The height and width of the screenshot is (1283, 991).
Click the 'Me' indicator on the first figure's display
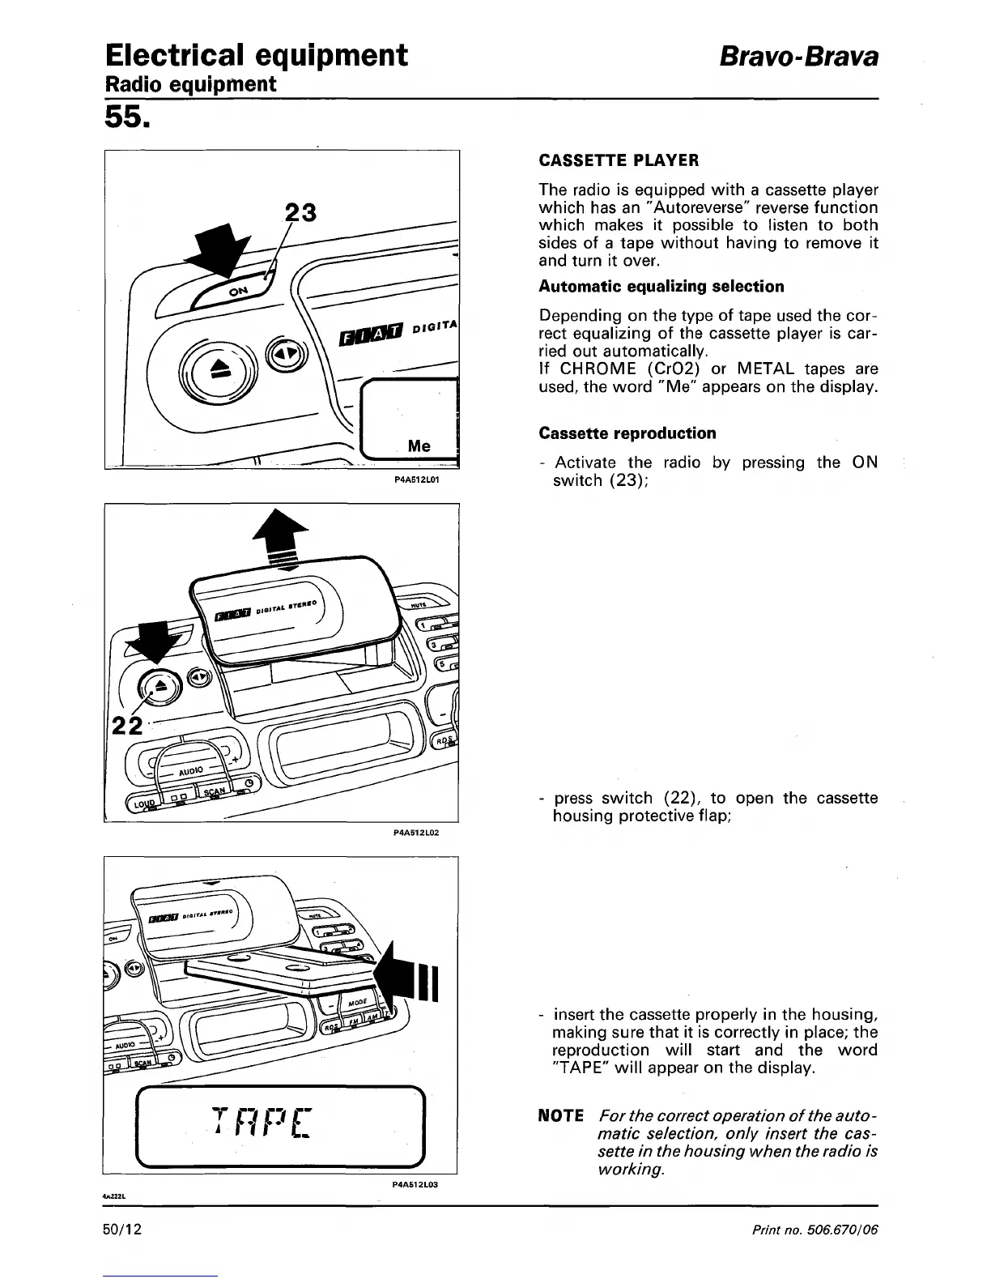(x=419, y=446)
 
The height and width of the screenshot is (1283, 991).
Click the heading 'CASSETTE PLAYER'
(x=619, y=160)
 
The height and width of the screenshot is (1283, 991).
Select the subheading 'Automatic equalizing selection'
(x=661, y=286)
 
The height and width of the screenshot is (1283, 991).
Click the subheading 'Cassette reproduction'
(x=627, y=433)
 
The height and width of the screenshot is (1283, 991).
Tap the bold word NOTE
(x=560, y=1116)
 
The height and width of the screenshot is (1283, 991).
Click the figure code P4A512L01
(x=415, y=479)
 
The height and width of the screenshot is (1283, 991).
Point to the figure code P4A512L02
(x=415, y=832)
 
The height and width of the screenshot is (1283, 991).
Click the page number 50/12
(x=122, y=1230)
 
